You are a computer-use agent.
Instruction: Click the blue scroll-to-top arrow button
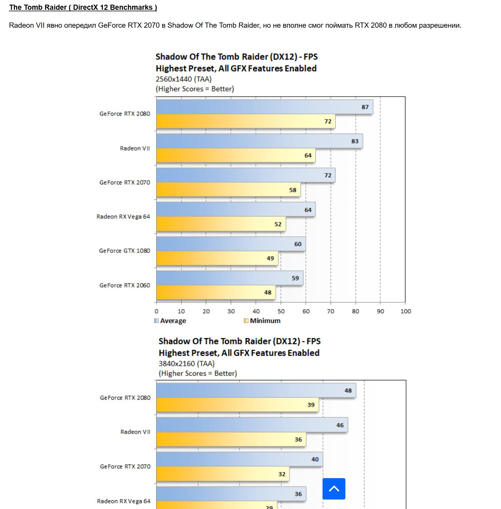[x=334, y=489]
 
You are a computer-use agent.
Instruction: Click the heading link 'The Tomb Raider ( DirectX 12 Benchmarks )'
[x=83, y=8]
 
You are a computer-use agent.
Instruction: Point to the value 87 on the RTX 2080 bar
[x=365, y=107]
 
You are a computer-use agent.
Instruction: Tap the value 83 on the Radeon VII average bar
[x=355, y=141]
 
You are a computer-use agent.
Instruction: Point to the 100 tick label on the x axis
[x=405, y=311]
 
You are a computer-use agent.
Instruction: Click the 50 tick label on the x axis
[x=281, y=311]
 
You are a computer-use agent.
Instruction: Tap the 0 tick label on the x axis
[x=157, y=311]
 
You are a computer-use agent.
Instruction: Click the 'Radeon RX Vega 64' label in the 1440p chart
[x=123, y=216]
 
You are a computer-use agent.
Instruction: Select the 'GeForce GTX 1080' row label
[x=124, y=251]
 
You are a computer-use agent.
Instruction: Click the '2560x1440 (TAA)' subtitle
[x=184, y=79]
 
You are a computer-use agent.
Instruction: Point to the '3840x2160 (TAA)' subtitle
[x=187, y=364]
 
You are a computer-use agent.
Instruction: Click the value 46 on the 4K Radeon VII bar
[x=340, y=425]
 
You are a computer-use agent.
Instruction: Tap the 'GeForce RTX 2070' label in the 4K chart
[x=125, y=466]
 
